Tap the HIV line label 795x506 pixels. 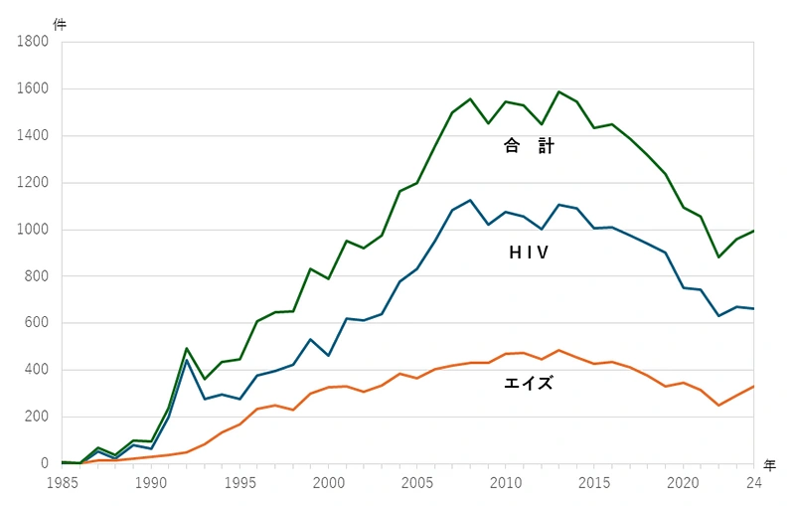coord(530,253)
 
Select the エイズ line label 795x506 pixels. coord(529,381)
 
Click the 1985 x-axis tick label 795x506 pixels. coord(62,483)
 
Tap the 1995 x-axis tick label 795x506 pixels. coord(239,483)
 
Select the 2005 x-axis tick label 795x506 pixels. coord(417,483)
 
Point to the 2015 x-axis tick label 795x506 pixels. coord(595,483)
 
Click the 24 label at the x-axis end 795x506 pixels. coord(754,483)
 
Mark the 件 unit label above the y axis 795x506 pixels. coord(60,24)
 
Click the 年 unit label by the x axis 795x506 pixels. coord(770,464)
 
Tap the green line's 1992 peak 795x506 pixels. coord(187,348)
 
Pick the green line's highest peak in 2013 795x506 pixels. coord(559,91)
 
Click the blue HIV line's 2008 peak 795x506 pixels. coord(470,200)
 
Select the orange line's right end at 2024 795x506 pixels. coord(754,386)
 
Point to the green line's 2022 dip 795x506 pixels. coord(718,257)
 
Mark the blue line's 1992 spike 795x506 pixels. coord(187,360)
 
